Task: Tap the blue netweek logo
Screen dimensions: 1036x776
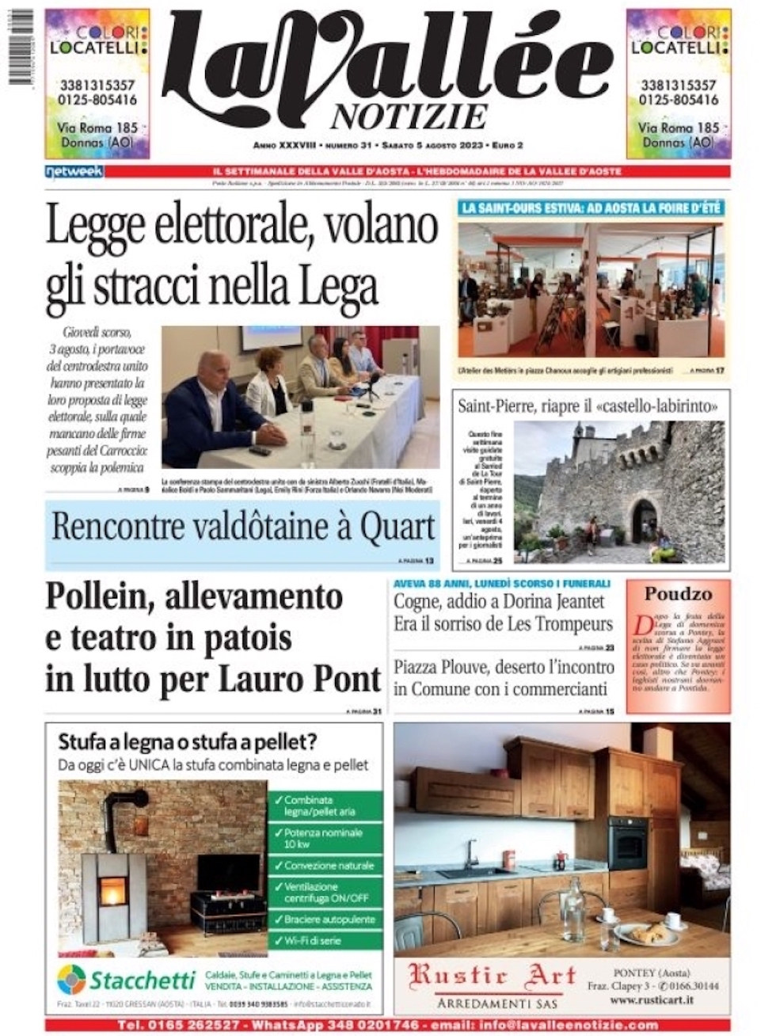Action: (74, 171)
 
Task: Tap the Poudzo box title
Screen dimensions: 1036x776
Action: (677, 594)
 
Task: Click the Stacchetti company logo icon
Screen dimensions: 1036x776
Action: (72, 980)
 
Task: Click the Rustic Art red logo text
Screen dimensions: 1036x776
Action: (492, 977)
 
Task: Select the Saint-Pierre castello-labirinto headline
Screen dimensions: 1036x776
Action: (588, 406)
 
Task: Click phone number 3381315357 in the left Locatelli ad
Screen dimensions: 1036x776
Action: (97, 86)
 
